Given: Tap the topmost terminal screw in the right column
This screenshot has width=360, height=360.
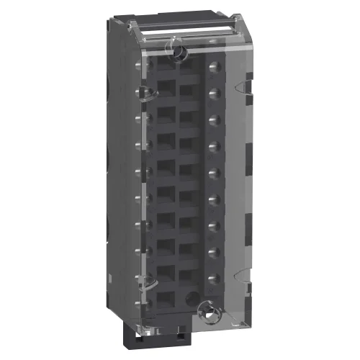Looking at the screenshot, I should (214, 69).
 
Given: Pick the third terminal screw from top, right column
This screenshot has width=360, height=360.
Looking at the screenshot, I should (214, 120).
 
